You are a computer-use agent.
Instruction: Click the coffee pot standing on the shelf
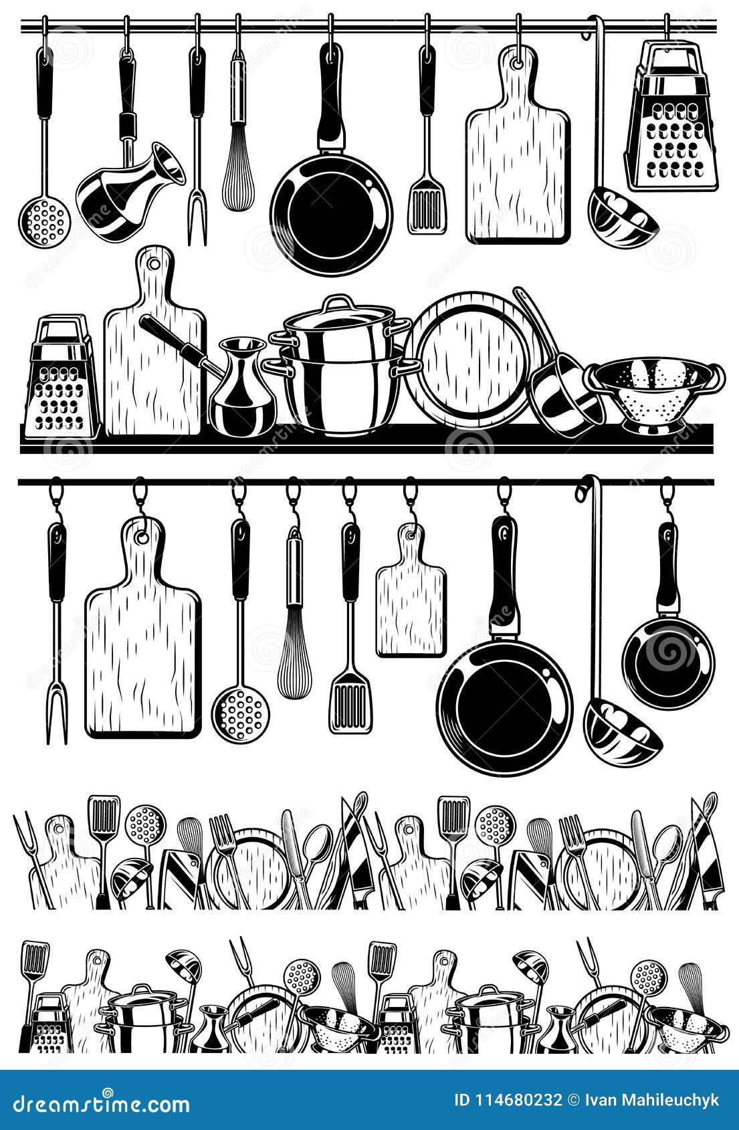tap(242, 391)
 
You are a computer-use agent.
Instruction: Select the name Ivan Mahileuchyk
tap(652, 1101)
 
